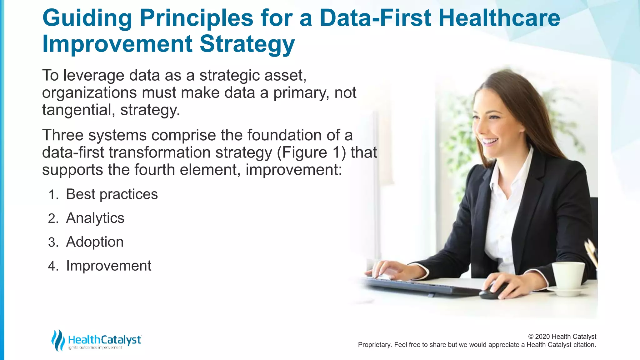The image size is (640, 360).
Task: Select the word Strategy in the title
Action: (x=247, y=44)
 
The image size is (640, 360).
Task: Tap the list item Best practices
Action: (x=112, y=194)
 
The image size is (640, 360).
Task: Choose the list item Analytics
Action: (x=95, y=218)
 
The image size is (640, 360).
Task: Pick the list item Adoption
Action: (x=95, y=242)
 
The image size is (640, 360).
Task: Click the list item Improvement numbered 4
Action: (x=108, y=266)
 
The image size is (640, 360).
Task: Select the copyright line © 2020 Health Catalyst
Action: (x=562, y=337)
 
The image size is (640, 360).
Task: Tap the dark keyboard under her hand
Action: (x=419, y=286)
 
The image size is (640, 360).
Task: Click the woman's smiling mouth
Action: (x=491, y=142)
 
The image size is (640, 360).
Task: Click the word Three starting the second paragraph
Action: (x=62, y=136)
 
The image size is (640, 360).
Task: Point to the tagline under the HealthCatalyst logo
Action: (x=95, y=348)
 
